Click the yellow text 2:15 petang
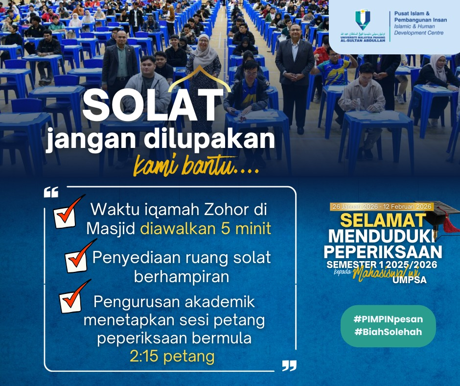click(172, 356)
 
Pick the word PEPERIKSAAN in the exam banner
click(383, 252)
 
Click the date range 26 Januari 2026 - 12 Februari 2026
click(382, 206)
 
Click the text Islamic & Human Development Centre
click(416, 29)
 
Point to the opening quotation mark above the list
click(51, 192)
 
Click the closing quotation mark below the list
click(289, 365)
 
